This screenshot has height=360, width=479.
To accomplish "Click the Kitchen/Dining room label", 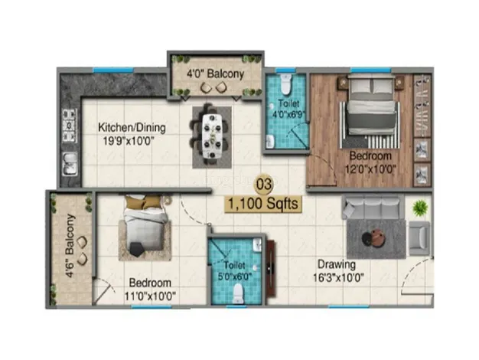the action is click(x=132, y=128).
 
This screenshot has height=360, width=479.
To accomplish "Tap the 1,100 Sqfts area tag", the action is click(x=263, y=204).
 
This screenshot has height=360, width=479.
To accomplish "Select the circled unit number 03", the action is click(x=263, y=185).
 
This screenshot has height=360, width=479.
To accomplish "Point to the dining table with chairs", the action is click(x=212, y=136).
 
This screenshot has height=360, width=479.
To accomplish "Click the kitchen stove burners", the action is click(x=70, y=126).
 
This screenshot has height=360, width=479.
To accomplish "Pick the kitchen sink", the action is click(x=70, y=164).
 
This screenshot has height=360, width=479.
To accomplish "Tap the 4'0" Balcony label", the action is click(x=216, y=74).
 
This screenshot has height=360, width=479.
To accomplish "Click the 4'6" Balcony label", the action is click(x=70, y=246).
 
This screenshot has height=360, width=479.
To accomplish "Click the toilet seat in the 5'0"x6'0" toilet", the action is click(x=238, y=293).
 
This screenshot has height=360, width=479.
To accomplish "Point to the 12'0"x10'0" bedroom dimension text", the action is click(x=370, y=169).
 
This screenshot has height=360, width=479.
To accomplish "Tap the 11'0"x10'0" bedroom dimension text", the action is click(x=150, y=296).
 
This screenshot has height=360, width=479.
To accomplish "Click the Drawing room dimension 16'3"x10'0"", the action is click(x=338, y=277).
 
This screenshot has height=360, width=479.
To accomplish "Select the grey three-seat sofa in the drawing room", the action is click(x=373, y=208).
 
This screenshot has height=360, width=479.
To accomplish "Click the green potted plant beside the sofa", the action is click(x=420, y=208).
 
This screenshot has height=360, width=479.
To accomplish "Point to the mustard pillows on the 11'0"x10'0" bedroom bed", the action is click(x=144, y=202).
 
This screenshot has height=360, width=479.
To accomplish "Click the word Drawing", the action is click(x=337, y=264).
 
